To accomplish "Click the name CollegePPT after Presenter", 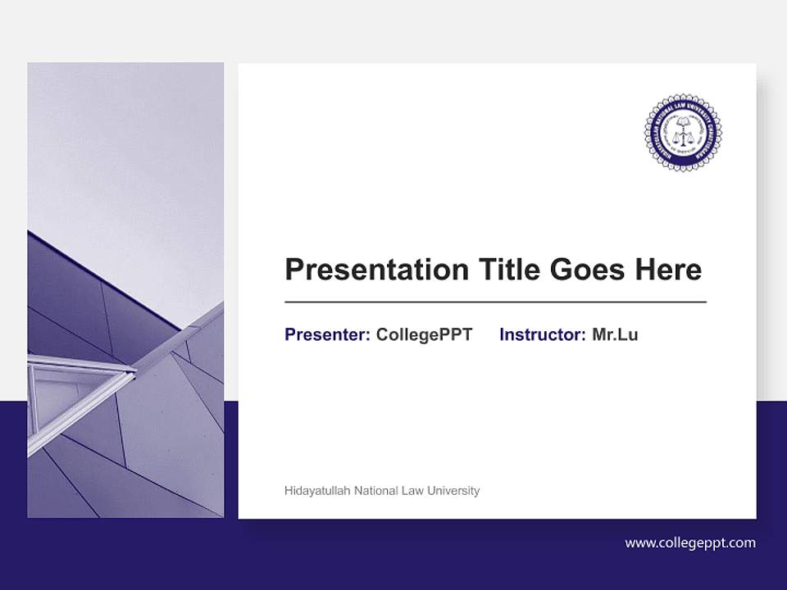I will click(424, 334).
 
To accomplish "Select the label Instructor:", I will click(543, 334).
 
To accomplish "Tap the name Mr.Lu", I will click(615, 334).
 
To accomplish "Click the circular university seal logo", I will click(683, 133).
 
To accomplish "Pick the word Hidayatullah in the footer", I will click(313, 491).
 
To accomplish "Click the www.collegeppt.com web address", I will click(690, 542).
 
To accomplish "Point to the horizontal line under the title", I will click(495, 302).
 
